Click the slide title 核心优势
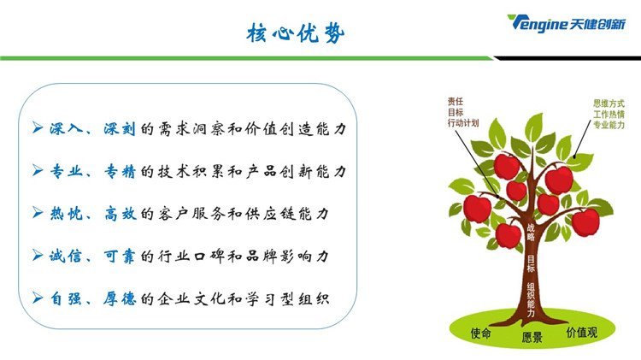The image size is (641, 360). tap(295, 32)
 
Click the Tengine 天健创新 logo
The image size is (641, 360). tap(566, 23)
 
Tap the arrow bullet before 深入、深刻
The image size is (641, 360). tap(38, 128)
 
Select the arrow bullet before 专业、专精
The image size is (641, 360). tap(38, 170)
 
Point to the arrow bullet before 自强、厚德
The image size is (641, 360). tap(38, 298)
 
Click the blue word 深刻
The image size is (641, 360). tap(119, 128)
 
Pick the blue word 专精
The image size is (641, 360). tap(119, 171)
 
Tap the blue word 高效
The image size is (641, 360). tap(120, 214)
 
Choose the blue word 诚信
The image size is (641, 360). tap(66, 256)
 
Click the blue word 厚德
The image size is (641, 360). tap(119, 298)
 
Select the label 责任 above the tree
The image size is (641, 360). tap(455, 101)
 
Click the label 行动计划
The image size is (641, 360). tap(462, 122)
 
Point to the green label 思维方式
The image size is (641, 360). tap(609, 103)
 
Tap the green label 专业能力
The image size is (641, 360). tap(609, 125)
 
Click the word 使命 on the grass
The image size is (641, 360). tap(480, 333)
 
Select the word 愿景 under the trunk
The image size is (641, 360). tap(532, 338)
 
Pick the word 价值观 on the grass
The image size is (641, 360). tap(582, 332)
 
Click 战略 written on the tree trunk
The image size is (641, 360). tap(531, 232)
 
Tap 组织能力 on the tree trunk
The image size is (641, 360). tap(531, 300)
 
